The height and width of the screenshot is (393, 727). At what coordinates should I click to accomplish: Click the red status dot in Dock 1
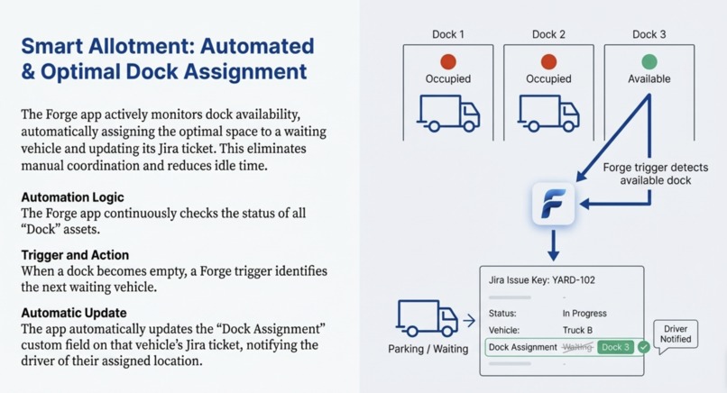448,61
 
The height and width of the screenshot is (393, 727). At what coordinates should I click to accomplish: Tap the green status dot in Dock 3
649,61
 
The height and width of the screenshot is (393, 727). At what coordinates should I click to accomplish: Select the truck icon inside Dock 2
548,113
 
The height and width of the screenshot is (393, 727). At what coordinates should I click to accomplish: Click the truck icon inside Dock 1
448,113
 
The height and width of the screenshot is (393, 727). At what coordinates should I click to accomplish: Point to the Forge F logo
553,204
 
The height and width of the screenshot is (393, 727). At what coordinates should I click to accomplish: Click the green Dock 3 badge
615,347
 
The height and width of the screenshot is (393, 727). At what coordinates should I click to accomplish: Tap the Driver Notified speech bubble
676,335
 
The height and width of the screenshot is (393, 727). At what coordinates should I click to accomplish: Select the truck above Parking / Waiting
427,317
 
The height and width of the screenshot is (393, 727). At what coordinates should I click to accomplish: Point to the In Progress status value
584,314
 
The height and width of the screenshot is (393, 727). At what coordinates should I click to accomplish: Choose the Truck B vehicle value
577,330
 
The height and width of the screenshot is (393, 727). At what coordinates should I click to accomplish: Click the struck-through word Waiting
577,347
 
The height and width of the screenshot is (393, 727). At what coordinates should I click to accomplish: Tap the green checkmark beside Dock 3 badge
643,347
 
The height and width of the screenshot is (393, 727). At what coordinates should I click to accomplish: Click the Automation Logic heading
72,197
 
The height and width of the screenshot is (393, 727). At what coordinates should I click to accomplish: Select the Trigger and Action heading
75,255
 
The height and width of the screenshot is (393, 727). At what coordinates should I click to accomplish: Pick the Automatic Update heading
74,313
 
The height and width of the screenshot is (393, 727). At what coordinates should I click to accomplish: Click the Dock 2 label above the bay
548,34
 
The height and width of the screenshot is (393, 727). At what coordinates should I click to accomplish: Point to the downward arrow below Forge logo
553,245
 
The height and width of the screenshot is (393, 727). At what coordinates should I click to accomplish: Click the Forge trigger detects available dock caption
656,174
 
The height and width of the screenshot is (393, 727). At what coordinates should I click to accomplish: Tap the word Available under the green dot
649,78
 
